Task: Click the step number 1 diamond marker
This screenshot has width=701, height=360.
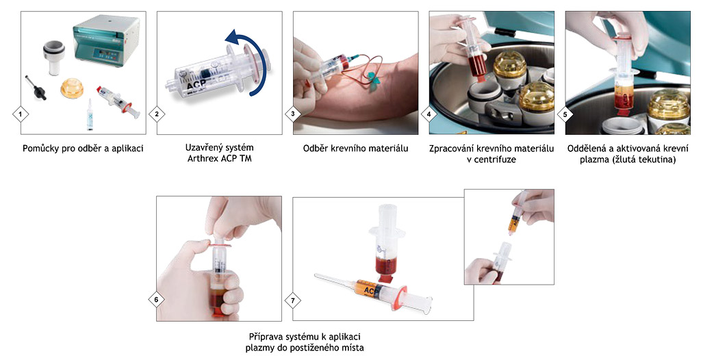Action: click(x=20, y=114)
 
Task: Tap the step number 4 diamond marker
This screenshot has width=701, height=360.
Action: click(x=429, y=114)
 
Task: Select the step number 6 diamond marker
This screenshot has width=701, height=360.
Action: click(x=157, y=300)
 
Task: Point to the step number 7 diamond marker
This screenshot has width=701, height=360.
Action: click(x=293, y=300)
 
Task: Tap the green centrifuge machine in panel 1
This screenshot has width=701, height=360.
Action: click(x=105, y=40)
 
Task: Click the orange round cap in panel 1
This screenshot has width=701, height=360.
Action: click(x=72, y=88)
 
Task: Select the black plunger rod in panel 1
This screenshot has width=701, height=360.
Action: click(x=36, y=87)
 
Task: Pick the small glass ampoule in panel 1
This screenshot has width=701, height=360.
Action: click(x=90, y=114)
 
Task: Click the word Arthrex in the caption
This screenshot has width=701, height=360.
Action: click(x=203, y=158)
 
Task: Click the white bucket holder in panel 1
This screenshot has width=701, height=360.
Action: click(x=54, y=57)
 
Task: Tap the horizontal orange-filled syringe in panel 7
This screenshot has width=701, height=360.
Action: click(x=373, y=290)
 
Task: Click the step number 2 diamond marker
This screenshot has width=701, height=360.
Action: click(x=157, y=114)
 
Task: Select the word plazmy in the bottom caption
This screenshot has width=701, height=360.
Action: click(x=259, y=348)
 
